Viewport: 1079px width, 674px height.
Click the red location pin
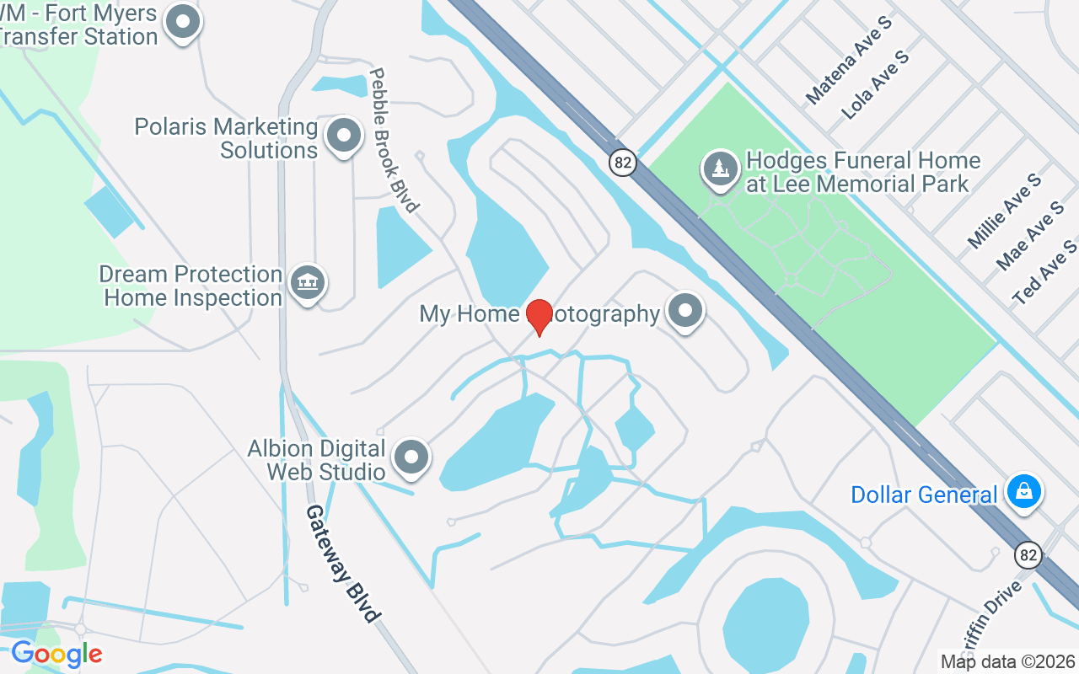click(539, 317)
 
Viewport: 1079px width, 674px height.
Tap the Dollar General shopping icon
click(1024, 491)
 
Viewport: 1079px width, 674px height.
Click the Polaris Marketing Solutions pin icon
click(343, 135)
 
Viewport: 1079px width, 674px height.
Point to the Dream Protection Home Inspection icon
click(307, 283)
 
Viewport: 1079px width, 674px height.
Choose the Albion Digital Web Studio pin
click(411, 457)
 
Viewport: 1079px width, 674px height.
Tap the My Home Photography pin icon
click(685, 311)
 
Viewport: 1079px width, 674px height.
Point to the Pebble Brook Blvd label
click(394, 140)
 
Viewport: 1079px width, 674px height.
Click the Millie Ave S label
click(1004, 211)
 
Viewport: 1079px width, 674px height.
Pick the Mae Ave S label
click(1029, 236)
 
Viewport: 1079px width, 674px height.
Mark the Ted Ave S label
click(1044, 271)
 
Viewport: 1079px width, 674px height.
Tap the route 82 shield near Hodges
click(623, 163)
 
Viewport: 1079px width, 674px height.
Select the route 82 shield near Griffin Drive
click(1028, 555)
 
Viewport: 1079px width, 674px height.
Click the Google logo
click(56, 654)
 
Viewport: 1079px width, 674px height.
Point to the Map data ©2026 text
click(1008, 661)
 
